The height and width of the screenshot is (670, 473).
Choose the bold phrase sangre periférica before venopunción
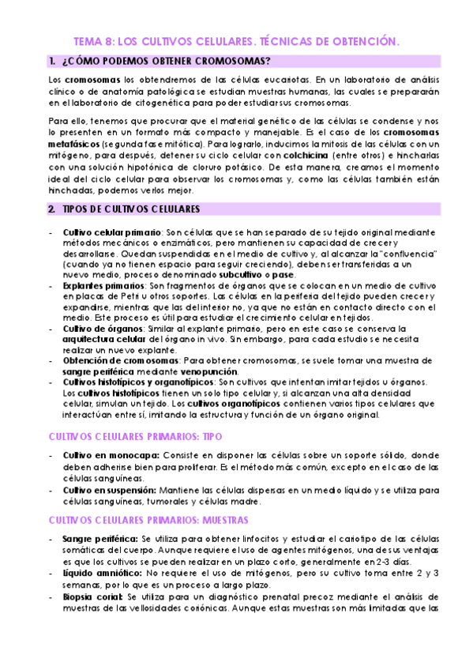pos(99,371)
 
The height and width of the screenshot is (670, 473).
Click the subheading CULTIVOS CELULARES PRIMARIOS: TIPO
pos(135,436)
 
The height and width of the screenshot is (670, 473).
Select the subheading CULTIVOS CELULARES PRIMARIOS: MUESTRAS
pos(148,520)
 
